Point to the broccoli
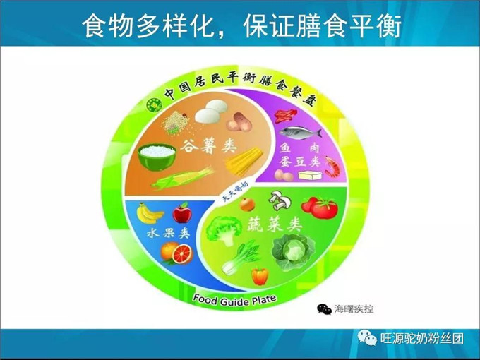pos(223,230)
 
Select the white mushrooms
pos(280,201)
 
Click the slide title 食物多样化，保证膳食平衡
pos(241,25)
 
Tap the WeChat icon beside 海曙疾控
pos(324,308)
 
